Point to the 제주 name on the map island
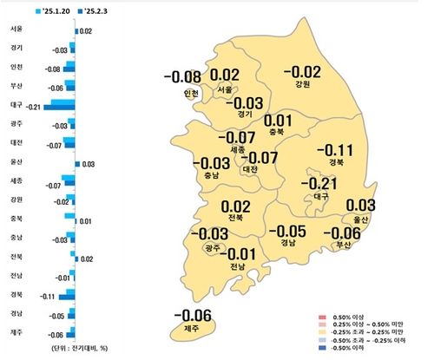click(x=190, y=329)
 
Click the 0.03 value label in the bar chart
click(x=89, y=162)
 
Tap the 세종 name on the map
click(x=236, y=149)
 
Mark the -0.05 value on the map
click(x=286, y=231)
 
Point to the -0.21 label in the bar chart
click(x=34, y=106)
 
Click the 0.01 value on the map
click(x=277, y=121)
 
